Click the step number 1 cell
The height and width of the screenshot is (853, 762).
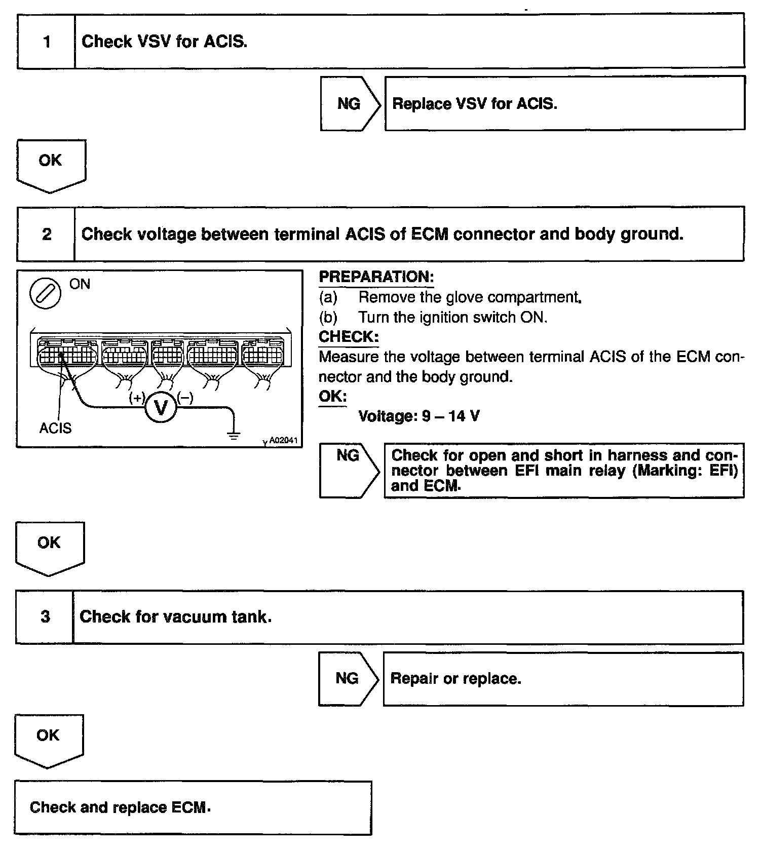(47, 42)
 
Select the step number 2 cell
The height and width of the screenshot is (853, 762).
(47, 234)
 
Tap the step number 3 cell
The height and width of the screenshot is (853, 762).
(45, 616)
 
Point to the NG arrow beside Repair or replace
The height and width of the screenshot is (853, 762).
(348, 679)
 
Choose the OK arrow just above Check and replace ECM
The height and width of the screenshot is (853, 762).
(49, 739)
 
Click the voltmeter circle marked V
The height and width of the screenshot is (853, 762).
(161, 407)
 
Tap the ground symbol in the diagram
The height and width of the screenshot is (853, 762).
(233, 434)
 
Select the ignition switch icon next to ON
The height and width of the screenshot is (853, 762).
(46, 294)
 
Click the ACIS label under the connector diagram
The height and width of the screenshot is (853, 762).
(55, 429)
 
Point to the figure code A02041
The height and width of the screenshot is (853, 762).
(283, 440)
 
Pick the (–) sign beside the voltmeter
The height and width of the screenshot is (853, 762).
(185, 398)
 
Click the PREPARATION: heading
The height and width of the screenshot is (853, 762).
(376, 277)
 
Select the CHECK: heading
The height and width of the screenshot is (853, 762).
(349, 337)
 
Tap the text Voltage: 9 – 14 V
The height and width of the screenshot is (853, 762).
(419, 416)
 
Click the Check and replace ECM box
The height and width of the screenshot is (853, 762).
(193, 807)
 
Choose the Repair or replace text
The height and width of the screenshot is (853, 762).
(455, 679)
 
